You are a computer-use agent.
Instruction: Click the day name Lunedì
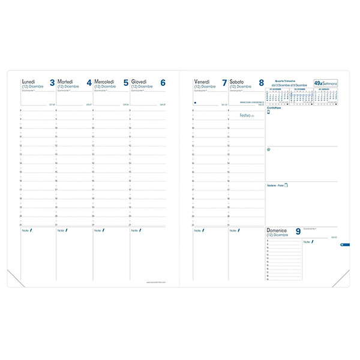point(28,82)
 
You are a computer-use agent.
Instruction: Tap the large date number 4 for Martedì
point(89,83)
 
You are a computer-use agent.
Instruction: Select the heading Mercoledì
point(106,82)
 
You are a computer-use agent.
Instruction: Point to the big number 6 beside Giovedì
point(163,83)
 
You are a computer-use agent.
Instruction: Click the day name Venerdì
point(202,82)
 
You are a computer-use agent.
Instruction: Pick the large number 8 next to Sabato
point(261,83)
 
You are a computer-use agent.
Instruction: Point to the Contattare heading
point(274,107)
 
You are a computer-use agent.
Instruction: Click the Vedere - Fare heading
point(275,185)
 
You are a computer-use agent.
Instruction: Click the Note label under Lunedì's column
point(26,230)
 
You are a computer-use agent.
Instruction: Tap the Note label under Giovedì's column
point(135,230)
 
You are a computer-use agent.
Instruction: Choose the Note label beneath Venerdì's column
point(198,230)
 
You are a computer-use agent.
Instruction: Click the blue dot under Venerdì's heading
point(196,103)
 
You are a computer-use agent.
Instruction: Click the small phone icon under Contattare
point(268,112)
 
